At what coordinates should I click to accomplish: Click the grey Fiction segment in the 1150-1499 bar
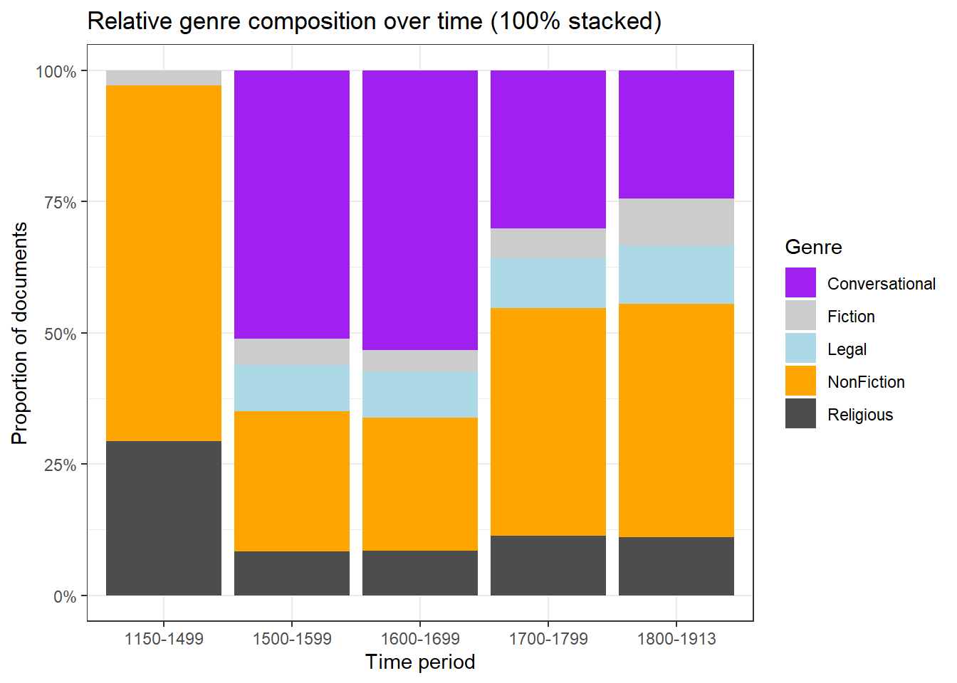coord(164,78)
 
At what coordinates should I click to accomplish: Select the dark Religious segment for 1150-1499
coord(164,518)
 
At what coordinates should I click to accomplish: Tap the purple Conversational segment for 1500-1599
coord(292,204)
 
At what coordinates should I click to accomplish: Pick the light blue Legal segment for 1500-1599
coord(292,388)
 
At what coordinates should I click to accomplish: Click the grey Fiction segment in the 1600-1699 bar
coord(420,361)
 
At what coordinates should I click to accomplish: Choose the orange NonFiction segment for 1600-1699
coord(420,484)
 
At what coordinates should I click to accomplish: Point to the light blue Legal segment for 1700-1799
coord(548,283)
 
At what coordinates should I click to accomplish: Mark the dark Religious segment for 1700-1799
coord(548,566)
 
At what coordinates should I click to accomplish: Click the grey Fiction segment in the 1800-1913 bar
coord(676,222)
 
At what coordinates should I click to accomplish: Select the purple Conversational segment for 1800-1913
coord(676,134)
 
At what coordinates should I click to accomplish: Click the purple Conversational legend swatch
coord(800,282)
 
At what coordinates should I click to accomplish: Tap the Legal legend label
coord(847,349)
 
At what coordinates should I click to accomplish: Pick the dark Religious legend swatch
coord(800,413)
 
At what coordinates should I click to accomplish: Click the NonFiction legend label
coord(866,382)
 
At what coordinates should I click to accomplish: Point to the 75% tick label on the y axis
coord(61,203)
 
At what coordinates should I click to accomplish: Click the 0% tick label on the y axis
coord(65,597)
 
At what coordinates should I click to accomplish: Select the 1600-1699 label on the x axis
coord(420,639)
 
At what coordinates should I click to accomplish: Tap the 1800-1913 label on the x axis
coord(676,639)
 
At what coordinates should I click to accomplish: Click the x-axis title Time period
coord(420,662)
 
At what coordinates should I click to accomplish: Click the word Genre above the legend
coord(813,247)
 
